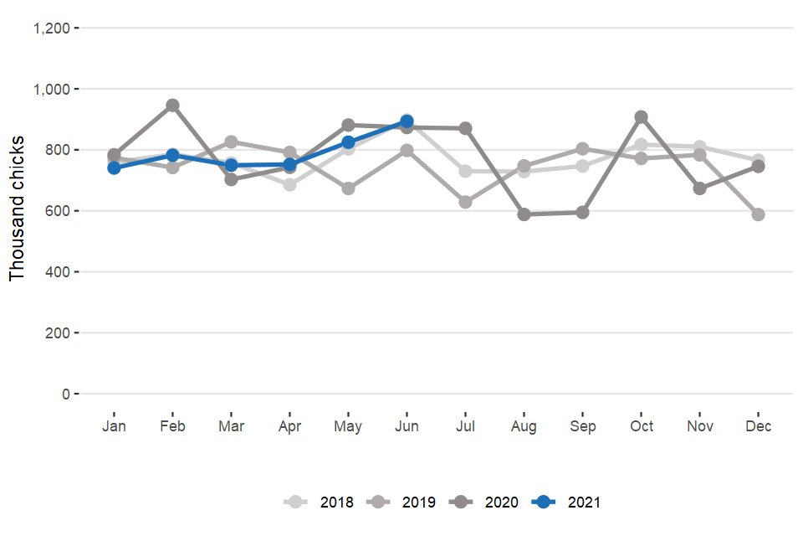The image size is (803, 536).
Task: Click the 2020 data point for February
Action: click(172, 106)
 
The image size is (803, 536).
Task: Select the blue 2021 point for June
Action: click(407, 121)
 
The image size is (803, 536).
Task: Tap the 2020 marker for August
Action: click(524, 214)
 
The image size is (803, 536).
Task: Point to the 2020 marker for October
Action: click(642, 117)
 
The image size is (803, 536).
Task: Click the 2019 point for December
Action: click(759, 214)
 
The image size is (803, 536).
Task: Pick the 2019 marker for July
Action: click(466, 202)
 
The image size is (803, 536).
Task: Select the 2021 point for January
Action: click(114, 167)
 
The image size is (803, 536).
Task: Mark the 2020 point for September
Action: click(583, 213)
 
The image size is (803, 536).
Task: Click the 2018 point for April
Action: click(289, 184)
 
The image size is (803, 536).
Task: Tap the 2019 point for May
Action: click(348, 188)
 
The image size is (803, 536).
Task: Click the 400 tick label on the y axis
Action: click(59, 272)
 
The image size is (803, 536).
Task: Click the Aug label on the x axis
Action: click(524, 426)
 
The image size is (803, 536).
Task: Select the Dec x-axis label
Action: click(759, 426)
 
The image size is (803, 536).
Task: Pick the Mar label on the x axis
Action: click(231, 426)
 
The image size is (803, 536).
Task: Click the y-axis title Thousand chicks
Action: click(18, 211)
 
